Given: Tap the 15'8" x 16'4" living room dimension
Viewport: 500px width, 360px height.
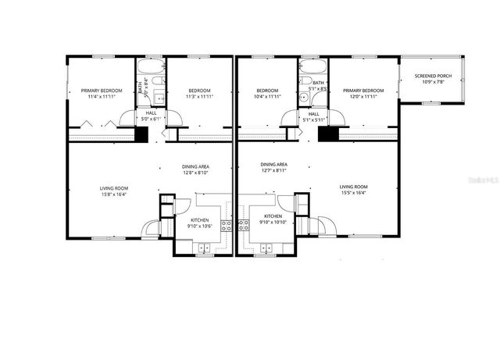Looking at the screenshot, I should tap(113, 194).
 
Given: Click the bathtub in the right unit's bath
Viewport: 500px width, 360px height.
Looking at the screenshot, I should tap(312, 69).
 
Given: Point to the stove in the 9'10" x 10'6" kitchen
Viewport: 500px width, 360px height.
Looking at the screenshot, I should tap(226, 226).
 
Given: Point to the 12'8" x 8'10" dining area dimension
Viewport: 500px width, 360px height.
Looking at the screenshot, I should tap(195, 173).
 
